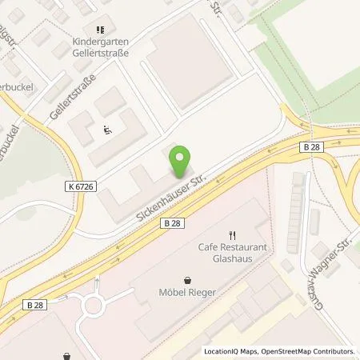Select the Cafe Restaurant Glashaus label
tap(232, 253)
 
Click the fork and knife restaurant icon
tap(232, 235)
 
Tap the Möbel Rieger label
tap(186, 294)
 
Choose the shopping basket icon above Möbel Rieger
tap(186, 281)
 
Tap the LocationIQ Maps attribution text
tap(231, 351)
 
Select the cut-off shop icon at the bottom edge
tap(67, 357)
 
